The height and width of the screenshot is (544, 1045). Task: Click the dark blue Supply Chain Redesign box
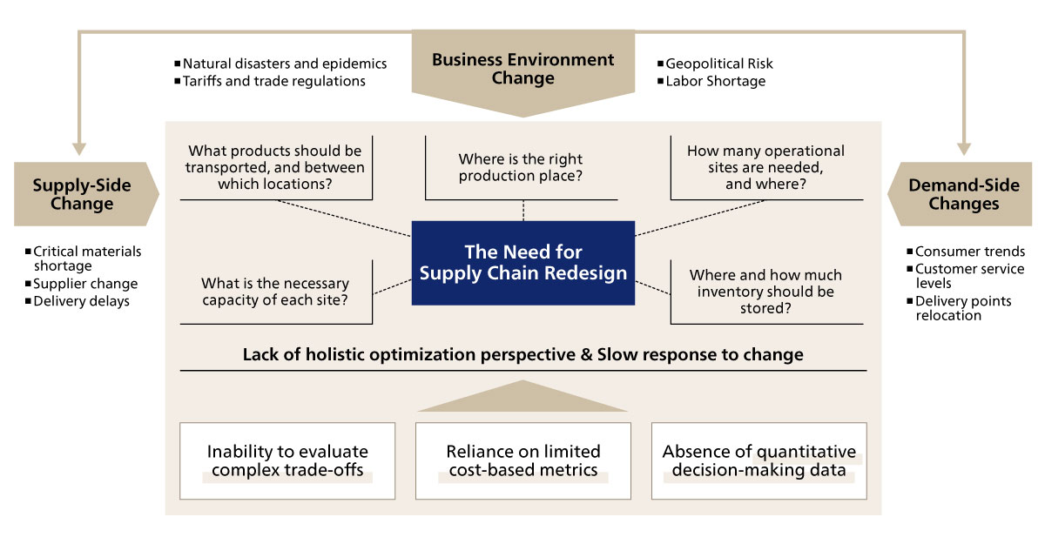[x=523, y=262]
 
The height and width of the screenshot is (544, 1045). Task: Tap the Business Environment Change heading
[x=522, y=69]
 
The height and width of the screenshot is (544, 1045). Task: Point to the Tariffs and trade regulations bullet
[x=273, y=81]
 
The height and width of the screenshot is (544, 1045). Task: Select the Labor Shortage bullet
[x=715, y=81]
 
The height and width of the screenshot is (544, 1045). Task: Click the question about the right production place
[x=521, y=167]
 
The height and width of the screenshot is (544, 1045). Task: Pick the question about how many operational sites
[x=765, y=167]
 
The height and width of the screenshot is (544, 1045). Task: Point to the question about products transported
[x=275, y=167]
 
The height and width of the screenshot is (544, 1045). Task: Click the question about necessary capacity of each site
[x=275, y=292]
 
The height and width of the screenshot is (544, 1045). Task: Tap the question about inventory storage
[x=765, y=292]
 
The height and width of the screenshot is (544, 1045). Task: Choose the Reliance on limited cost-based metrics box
[x=523, y=460]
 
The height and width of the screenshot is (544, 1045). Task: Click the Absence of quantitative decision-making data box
[x=758, y=460]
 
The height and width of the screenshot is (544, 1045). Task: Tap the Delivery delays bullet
[x=81, y=301]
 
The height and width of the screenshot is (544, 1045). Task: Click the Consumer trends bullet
[x=969, y=252]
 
